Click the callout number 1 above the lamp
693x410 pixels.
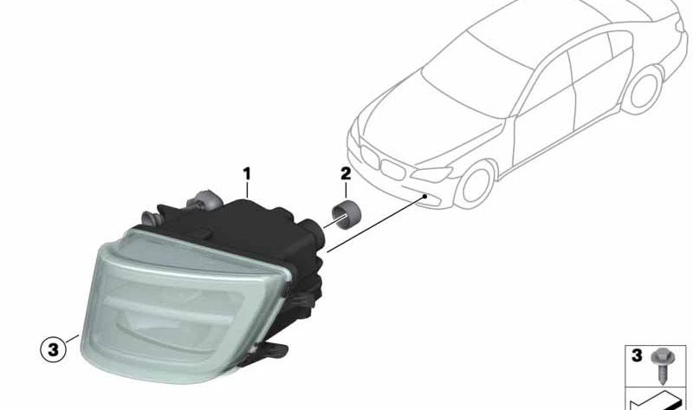coord(247,174)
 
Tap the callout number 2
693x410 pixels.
coord(346,174)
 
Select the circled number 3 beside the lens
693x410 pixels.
coord(53,350)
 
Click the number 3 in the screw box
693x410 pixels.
coord(637,355)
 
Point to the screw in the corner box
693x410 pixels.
coord(661,365)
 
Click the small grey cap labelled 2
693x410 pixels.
coord(346,214)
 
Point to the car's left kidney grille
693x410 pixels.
coord(370,156)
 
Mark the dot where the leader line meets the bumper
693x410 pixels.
coord(424,196)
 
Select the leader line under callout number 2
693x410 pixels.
coord(346,190)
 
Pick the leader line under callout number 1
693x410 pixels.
coord(247,190)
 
